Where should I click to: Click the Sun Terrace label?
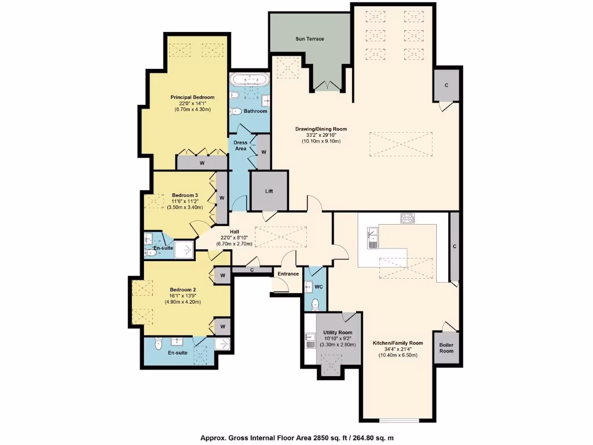click(x=310, y=39)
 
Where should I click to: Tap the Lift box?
click(x=269, y=191)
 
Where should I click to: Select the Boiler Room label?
click(x=446, y=348)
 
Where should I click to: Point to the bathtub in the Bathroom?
click(x=249, y=79)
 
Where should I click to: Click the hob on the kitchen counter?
click(x=407, y=218)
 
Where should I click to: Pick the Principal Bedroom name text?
click(x=192, y=97)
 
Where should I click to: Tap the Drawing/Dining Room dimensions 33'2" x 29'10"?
click(x=321, y=135)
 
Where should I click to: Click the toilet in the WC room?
click(x=316, y=304)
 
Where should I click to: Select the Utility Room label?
click(x=338, y=333)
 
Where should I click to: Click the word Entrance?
click(x=288, y=274)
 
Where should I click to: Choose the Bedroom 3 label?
click(x=185, y=195)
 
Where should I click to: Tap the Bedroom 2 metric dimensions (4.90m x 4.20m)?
click(x=183, y=302)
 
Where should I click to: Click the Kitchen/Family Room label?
click(x=398, y=343)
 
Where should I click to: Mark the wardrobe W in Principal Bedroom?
click(x=202, y=163)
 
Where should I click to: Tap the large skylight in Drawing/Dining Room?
click(x=400, y=144)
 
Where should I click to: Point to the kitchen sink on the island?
click(x=372, y=238)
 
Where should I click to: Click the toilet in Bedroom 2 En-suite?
click(x=158, y=345)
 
